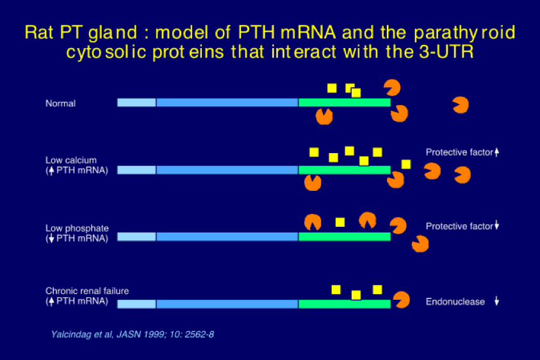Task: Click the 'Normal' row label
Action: tap(60, 103)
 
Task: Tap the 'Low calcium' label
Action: tap(71, 160)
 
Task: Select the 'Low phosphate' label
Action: tap(77, 228)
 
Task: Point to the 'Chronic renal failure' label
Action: tap(87, 291)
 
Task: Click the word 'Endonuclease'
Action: tap(455, 302)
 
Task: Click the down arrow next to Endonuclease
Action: tap(496, 301)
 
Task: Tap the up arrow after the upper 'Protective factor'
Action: tap(496, 152)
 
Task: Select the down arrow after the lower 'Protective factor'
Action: tap(496, 225)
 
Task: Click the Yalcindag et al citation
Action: tap(133, 334)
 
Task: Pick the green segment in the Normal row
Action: tap(345, 102)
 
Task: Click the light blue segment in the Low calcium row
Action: tap(136, 170)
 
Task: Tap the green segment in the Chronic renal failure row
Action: tap(345, 304)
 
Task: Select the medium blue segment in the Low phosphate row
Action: tap(227, 236)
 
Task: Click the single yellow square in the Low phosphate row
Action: tap(340, 222)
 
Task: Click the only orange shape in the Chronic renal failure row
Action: tap(402, 300)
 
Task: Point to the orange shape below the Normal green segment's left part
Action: tap(324, 117)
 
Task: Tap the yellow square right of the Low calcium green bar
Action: tap(406, 165)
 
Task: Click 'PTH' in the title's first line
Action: tap(256, 33)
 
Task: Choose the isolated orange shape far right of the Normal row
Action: tap(461, 105)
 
